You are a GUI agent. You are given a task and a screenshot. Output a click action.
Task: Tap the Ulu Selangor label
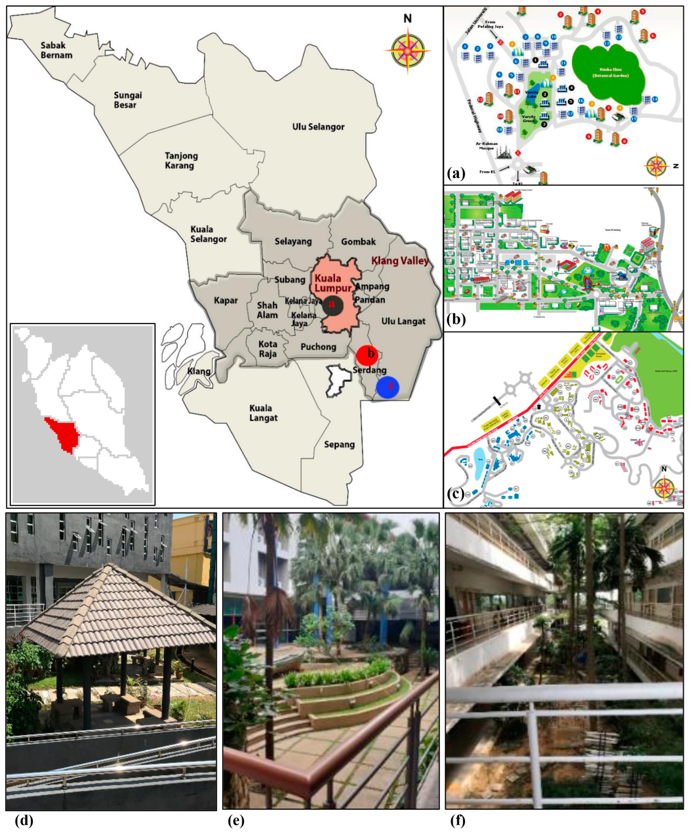318,127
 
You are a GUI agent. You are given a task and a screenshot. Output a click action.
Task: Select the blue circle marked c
388,387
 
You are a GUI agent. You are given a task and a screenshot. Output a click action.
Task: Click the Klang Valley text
400,261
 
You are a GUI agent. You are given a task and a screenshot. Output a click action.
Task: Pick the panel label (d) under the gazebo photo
24,820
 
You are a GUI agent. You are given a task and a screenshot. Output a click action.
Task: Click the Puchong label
318,347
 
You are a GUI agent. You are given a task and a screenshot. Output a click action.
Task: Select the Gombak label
358,241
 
